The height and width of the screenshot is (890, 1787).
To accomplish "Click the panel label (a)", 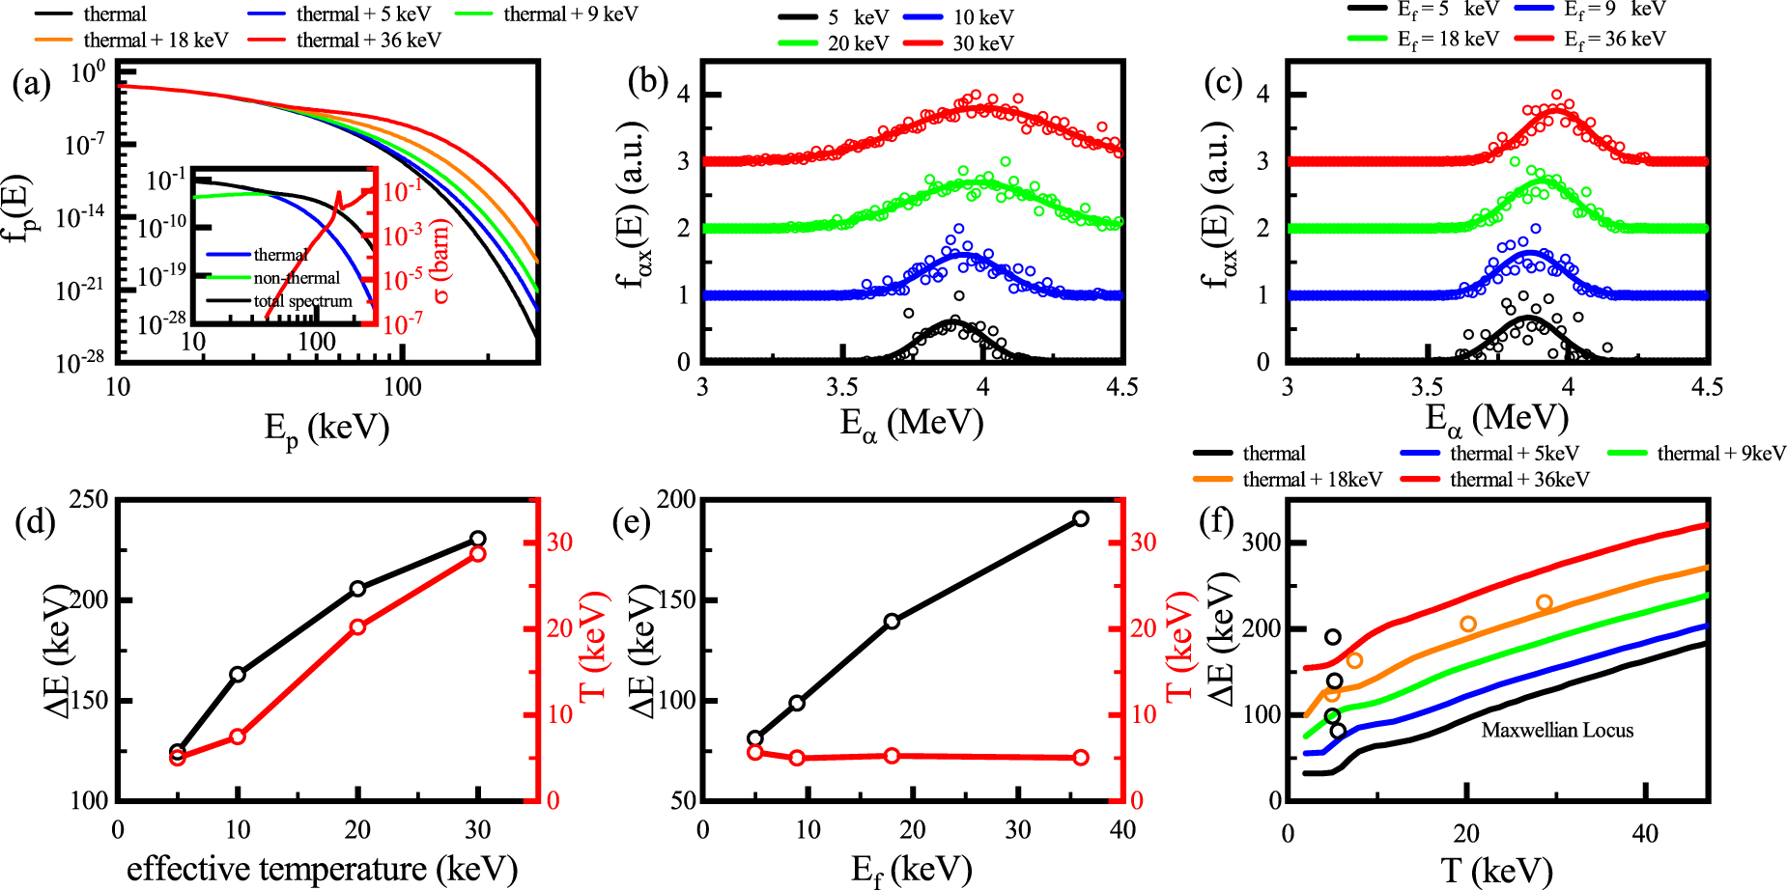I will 31,84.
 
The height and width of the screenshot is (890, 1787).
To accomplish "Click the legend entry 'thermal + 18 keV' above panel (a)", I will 155,41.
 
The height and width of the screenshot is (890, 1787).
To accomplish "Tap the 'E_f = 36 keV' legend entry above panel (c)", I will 1614,40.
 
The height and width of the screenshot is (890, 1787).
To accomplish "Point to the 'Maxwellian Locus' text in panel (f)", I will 1557,731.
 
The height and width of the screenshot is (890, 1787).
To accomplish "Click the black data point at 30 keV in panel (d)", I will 477,539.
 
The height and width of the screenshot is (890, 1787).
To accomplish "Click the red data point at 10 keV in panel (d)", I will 238,737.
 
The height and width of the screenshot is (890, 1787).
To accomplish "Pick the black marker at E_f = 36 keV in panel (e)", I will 1081,519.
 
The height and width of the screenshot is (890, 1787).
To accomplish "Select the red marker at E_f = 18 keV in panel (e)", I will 892,756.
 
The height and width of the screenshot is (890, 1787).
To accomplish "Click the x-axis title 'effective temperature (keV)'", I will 322,869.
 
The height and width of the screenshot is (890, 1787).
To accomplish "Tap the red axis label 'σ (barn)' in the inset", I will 441,262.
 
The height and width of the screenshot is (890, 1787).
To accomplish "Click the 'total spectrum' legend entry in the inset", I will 302,301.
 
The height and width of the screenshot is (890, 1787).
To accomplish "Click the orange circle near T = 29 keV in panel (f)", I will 1544,603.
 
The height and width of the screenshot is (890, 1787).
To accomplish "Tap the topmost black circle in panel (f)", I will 1333,637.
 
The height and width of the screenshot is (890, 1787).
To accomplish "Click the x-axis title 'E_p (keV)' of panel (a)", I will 326,428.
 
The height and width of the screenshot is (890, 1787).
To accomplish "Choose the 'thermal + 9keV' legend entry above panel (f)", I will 1720,454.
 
